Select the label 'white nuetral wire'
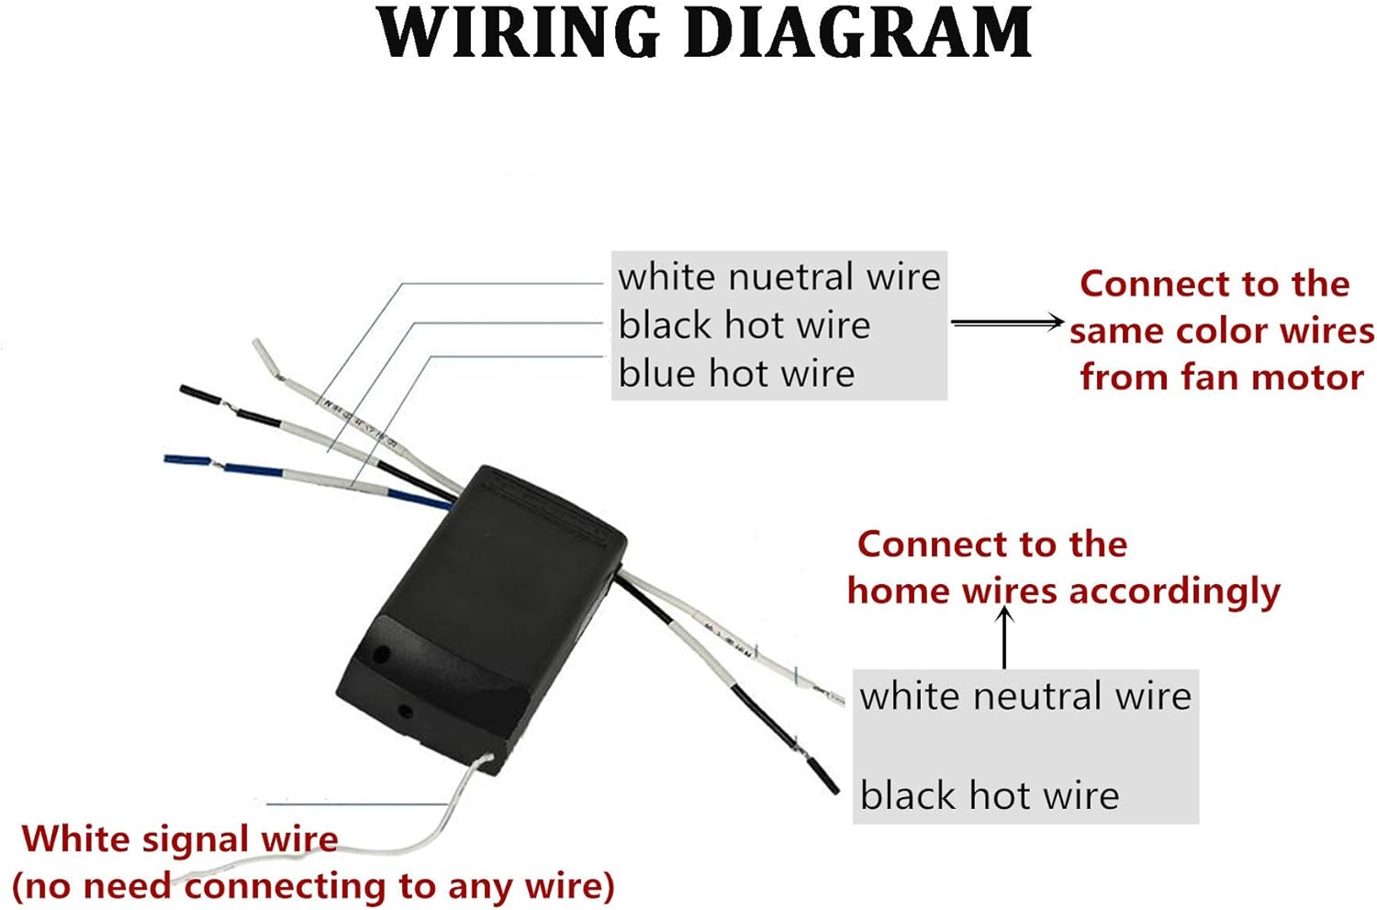click(778, 276)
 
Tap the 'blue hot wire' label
click(736, 373)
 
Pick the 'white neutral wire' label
click(1025, 696)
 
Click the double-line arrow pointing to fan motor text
click(1008, 322)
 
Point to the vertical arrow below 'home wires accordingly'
click(1004, 637)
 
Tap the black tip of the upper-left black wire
click(200, 394)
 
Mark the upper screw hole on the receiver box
click(381, 654)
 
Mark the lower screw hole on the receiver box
click(405, 712)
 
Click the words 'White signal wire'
click(180, 838)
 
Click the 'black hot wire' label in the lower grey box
click(990, 795)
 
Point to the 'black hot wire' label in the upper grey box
click(744, 325)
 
